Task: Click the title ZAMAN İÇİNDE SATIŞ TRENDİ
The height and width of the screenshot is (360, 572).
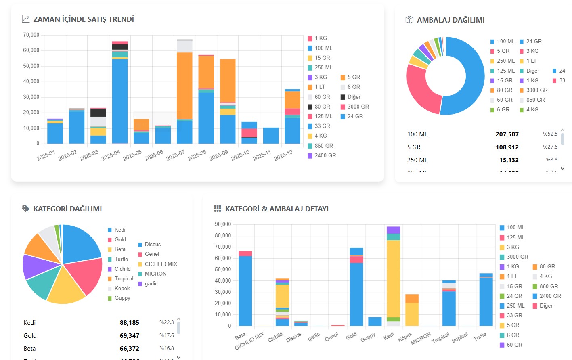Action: pyautogui.click(x=83, y=19)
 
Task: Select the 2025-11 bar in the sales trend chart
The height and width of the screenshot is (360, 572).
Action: pyautogui.click(x=271, y=136)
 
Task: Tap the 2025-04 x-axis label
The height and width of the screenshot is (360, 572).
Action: pyautogui.click(x=111, y=155)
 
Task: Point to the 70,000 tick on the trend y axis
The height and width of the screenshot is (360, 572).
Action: pyautogui.click(x=31, y=35)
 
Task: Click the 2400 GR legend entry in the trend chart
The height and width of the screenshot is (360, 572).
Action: pyautogui.click(x=325, y=155)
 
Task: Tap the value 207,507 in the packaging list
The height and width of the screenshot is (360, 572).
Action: pyautogui.click(x=507, y=134)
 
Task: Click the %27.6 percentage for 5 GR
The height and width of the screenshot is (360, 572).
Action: pyautogui.click(x=550, y=147)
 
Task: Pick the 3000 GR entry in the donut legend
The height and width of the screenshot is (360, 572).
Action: pyautogui.click(x=536, y=90)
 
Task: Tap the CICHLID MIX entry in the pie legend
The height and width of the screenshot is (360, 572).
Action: pyautogui.click(x=161, y=264)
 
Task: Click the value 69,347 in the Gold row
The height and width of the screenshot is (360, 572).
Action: pyautogui.click(x=129, y=336)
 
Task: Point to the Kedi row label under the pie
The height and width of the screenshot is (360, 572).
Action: pyautogui.click(x=29, y=323)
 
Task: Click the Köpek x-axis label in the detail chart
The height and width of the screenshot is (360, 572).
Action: pyautogui.click(x=405, y=337)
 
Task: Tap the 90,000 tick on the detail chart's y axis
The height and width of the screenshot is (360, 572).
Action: pyautogui.click(x=223, y=224)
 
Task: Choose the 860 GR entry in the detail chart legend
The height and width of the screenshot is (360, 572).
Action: pyautogui.click(x=549, y=286)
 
